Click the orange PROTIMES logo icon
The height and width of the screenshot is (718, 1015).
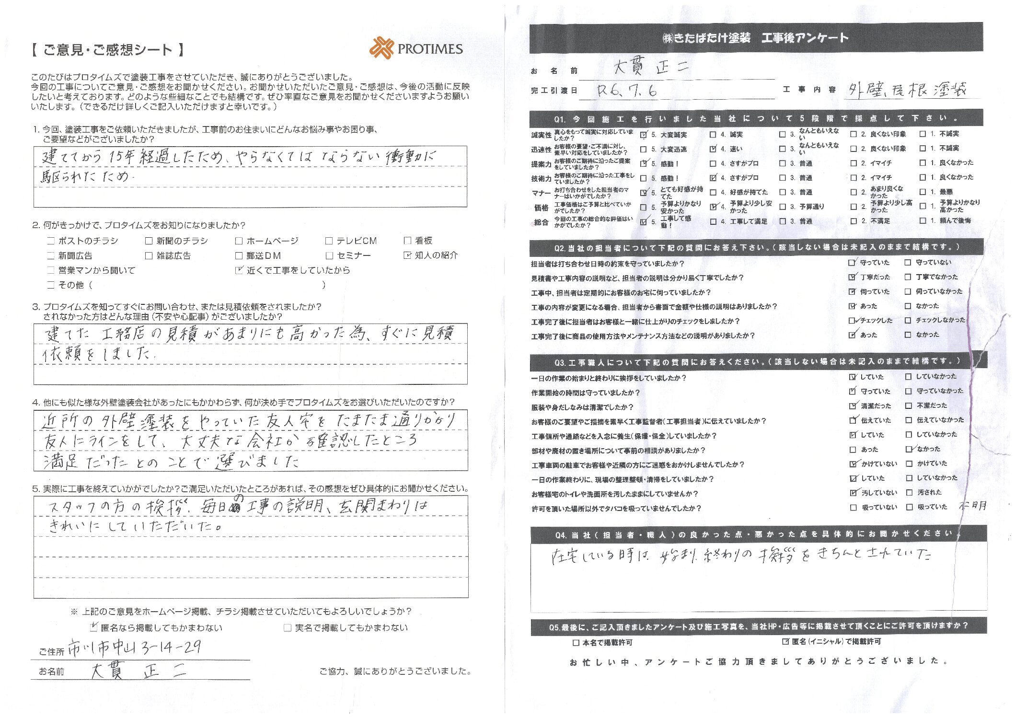[381, 48]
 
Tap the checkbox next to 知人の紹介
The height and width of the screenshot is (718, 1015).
[407, 255]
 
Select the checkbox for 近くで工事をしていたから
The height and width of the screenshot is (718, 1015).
[239, 270]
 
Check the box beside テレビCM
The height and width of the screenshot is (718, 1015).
[329, 241]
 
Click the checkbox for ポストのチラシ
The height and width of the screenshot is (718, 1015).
[51, 241]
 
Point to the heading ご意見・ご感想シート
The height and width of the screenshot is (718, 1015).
[108, 50]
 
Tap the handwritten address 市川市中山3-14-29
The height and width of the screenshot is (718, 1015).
[134, 648]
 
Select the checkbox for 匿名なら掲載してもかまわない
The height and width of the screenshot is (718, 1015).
[94, 627]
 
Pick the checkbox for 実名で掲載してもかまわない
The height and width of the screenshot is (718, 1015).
[288, 627]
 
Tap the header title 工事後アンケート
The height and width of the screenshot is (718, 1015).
[805, 38]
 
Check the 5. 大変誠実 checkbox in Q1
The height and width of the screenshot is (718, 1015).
[644, 135]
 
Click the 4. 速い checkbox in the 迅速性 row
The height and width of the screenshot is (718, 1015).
[713, 149]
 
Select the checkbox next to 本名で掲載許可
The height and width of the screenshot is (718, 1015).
[576, 642]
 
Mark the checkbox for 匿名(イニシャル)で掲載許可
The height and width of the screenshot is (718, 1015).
[785, 641]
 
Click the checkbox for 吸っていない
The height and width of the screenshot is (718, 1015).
[853, 507]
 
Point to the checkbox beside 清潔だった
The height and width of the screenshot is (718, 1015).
[853, 406]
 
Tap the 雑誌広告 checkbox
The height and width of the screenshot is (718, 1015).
[149, 255]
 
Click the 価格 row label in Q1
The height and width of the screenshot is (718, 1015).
[542, 208]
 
